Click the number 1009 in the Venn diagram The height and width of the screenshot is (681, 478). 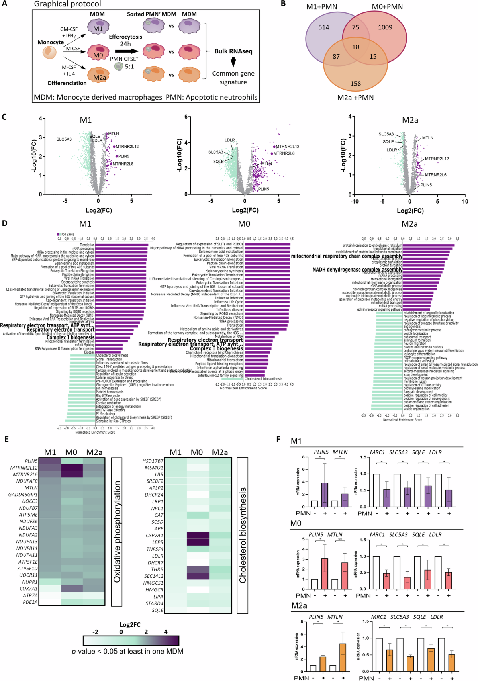pyautogui.click(x=385, y=27)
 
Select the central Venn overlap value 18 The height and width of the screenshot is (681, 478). pyautogui.click(x=355, y=47)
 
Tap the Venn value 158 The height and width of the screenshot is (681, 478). pyautogui.click(x=355, y=84)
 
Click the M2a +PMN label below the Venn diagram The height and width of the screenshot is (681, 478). pyautogui.click(x=355, y=98)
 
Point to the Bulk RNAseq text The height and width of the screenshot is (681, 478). pyautogui.click(x=233, y=51)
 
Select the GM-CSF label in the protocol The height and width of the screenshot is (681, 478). pyautogui.click(x=69, y=29)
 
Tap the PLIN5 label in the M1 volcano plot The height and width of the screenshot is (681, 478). pyautogui.click(x=123, y=156)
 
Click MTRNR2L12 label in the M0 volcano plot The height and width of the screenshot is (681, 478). pyautogui.click(x=287, y=147)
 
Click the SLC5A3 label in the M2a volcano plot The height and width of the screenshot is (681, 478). pyautogui.click(x=386, y=134)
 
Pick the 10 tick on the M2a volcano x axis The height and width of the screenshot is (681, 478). pyautogui.click(x=465, y=201)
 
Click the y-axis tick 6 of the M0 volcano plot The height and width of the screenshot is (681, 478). pyautogui.click(x=186, y=117)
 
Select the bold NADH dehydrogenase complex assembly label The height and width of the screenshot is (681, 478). pyautogui.click(x=357, y=270)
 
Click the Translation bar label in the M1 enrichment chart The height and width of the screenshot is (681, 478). pyautogui.click(x=87, y=245)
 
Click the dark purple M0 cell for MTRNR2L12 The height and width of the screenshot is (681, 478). pyautogui.click(x=72, y=468)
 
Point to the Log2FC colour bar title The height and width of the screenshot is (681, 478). pyautogui.click(x=130, y=625)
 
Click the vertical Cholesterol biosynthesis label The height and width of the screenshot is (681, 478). pyautogui.click(x=243, y=536)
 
